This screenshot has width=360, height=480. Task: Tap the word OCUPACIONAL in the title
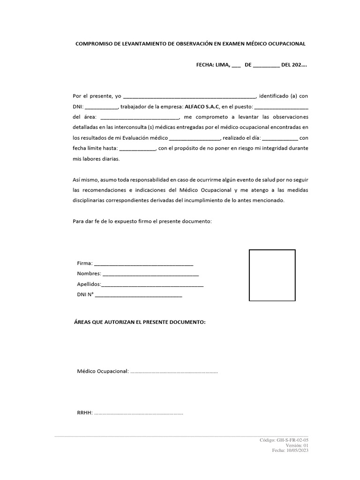tap(285, 44)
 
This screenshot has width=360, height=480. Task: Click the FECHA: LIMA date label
tap(213, 65)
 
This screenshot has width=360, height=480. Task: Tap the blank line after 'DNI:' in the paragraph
tap(102, 107)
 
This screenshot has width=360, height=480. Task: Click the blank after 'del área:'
tap(139, 117)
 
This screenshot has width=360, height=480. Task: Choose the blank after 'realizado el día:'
tap(280, 138)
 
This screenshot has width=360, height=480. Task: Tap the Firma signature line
tap(143, 263)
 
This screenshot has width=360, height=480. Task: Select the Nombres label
tap(89, 274)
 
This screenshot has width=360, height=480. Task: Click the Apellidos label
tap(89, 284)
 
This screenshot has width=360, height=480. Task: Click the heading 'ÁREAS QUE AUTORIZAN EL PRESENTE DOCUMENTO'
tap(140, 323)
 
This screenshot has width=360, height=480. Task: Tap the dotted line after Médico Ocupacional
tap(174, 372)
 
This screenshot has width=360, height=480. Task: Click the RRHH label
tap(84, 413)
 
